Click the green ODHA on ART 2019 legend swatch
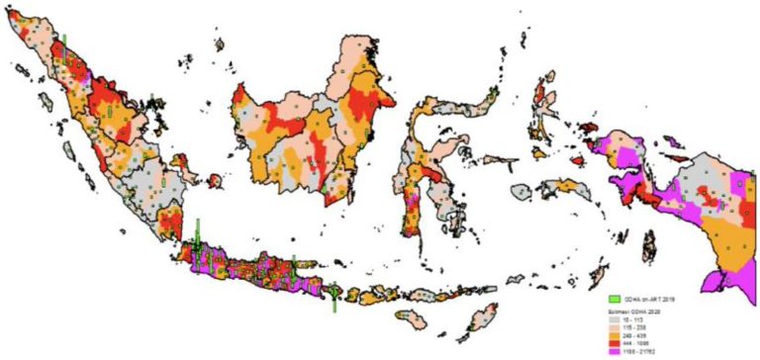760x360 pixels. pyautogui.click(x=615, y=298)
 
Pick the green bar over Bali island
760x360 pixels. pyautogui.click(x=335, y=296)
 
